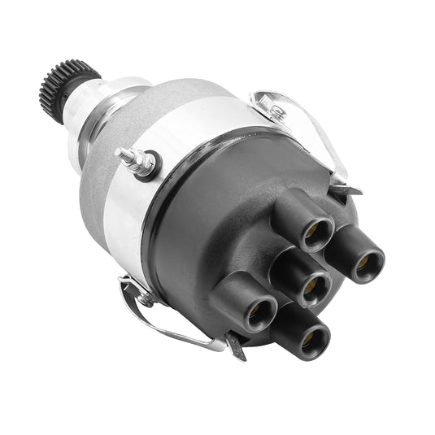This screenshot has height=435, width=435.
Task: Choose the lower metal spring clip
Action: click(163, 321)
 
